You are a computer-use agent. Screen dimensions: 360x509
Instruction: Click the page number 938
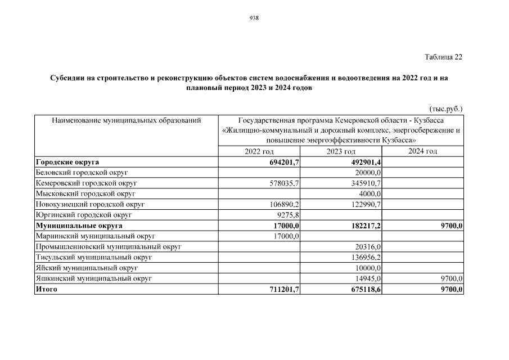(254, 18)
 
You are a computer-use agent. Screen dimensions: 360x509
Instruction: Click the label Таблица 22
(444, 57)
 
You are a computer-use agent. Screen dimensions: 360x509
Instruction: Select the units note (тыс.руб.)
(446, 109)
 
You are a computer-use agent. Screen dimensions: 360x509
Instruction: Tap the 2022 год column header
(259, 152)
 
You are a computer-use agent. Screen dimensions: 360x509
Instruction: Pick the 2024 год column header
(422, 151)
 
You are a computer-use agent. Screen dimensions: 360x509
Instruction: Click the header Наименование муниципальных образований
(127, 120)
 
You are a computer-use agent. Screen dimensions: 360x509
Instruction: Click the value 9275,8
(286, 215)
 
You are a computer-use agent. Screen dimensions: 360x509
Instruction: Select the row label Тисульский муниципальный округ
(93, 258)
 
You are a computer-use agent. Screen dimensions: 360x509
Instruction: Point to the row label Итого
(46, 290)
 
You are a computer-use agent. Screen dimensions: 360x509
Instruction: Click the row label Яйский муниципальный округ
(87, 268)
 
